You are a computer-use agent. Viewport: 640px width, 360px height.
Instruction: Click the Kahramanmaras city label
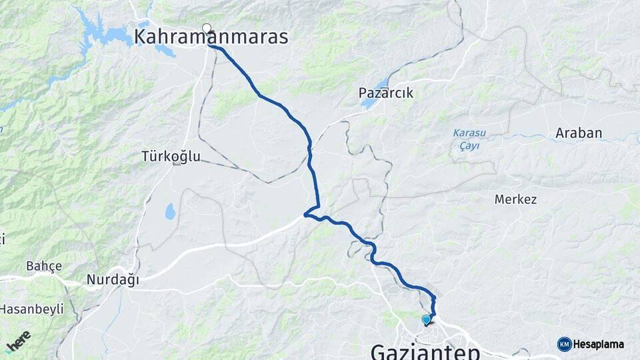click(x=211, y=37)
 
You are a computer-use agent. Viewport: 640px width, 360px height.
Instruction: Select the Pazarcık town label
click(x=386, y=93)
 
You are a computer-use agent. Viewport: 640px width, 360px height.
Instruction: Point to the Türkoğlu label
click(x=171, y=157)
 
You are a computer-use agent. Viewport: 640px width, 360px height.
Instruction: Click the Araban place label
click(x=579, y=133)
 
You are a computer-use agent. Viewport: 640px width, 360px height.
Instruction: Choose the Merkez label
click(x=515, y=199)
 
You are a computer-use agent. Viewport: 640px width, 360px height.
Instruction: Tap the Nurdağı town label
click(x=113, y=280)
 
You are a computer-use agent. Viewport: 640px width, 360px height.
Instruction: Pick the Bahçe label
click(x=44, y=266)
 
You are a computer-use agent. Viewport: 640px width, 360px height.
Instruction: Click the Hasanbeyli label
click(x=31, y=309)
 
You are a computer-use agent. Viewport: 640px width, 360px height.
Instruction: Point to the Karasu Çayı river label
click(x=469, y=139)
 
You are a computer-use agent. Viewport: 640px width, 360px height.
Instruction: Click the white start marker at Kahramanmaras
click(x=207, y=28)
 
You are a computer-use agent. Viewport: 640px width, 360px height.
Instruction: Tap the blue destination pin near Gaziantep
click(x=426, y=320)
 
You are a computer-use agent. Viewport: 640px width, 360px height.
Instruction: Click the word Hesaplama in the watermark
click(x=599, y=344)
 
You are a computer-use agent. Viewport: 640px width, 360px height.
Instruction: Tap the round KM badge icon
click(x=565, y=344)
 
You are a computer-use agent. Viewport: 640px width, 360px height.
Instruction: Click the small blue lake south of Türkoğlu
click(x=170, y=212)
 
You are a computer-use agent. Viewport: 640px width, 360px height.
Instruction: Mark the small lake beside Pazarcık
click(x=381, y=84)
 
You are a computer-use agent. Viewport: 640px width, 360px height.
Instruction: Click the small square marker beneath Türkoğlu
click(x=176, y=163)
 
